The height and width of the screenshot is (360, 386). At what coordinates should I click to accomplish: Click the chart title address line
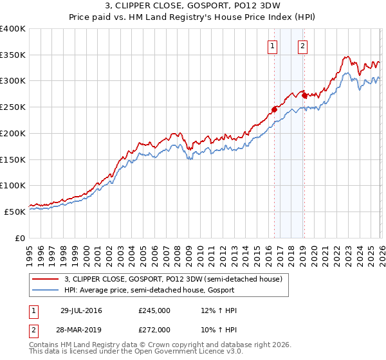[x=192, y=7]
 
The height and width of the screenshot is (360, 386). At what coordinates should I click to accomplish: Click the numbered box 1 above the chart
[x=273, y=46]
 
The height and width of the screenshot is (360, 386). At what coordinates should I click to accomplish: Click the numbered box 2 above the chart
[x=302, y=46]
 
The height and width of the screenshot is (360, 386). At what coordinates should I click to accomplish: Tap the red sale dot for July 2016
[x=274, y=110]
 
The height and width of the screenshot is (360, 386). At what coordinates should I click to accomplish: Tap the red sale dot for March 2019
[x=304, y=96]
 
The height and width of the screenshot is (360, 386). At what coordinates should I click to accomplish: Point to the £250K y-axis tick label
[x=13, y=107]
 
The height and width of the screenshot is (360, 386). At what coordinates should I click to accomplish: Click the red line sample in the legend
[x=46, y=280]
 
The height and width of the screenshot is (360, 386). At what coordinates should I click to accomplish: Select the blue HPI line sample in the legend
[x=46, y=291]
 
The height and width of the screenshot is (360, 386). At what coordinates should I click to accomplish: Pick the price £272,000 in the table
[x=154, y=330]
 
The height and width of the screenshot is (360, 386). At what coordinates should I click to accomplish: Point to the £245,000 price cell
[x=154, y=311]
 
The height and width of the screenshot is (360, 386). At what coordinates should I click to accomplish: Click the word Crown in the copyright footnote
[x=167, y=345]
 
